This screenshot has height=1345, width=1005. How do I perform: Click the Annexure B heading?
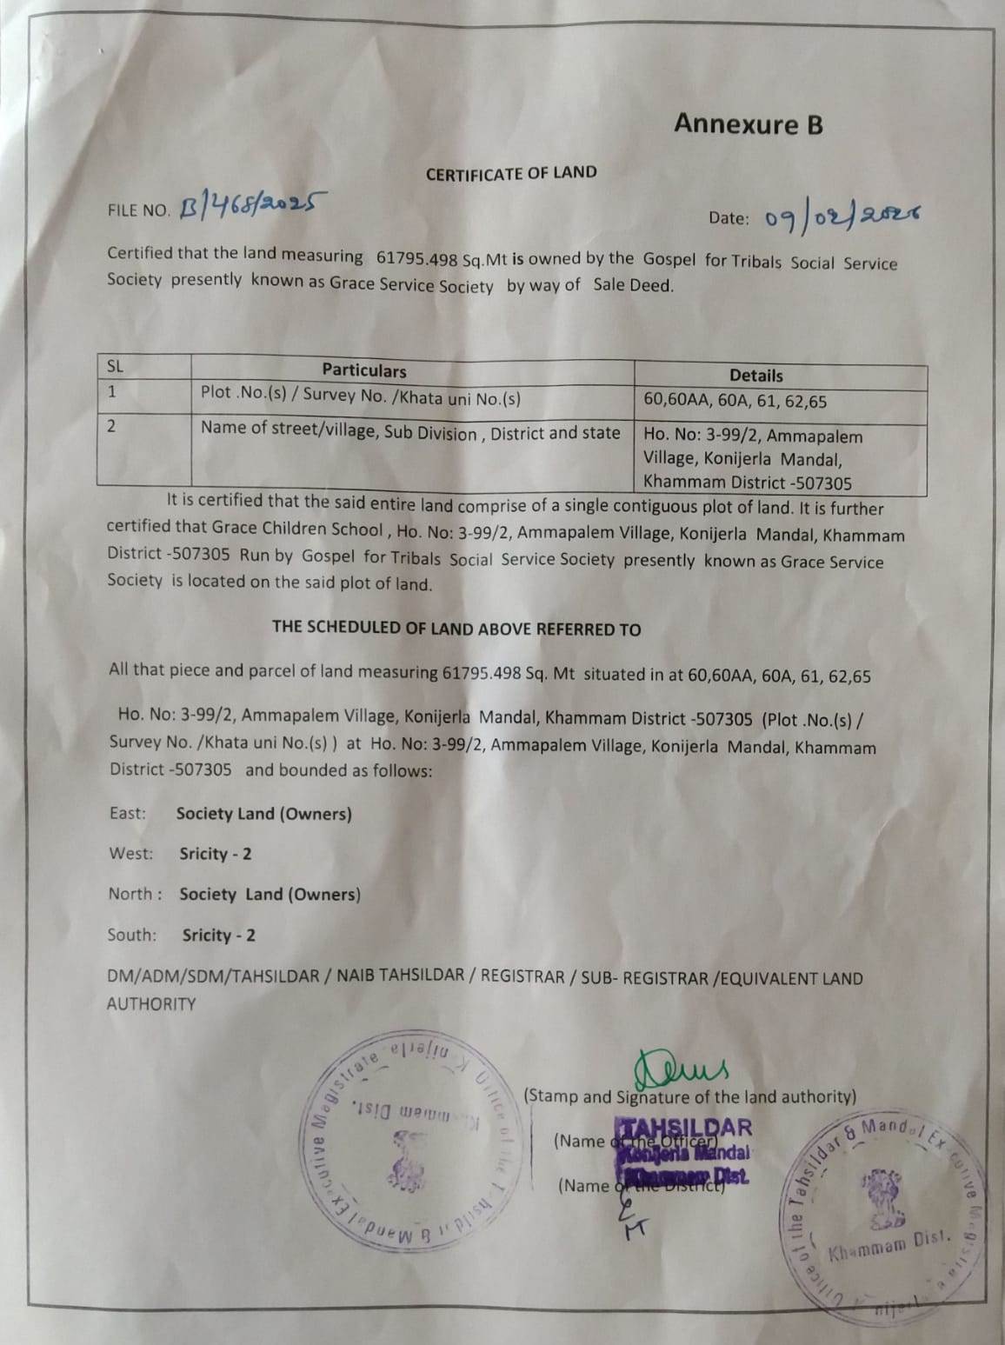[x=748, y=124]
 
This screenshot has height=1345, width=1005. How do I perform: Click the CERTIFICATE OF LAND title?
[x=511, y=173]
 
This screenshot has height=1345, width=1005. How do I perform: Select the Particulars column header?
[x=364, y=370]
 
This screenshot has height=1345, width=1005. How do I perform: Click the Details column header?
[x=755, y=376]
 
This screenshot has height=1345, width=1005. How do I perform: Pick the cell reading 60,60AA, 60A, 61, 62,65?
[x=735, y=401]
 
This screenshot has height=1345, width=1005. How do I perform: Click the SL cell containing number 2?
[x=112, y=426]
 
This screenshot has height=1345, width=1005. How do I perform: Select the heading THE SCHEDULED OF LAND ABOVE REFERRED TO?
[x=456, y=629]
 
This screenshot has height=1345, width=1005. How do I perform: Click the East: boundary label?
[x=128, y=813]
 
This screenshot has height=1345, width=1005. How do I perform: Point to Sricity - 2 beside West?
[x=216, y=854]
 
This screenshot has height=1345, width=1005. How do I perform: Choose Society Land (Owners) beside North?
[x=270, y=894]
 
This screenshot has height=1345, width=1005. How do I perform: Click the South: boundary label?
[x=132, y=935]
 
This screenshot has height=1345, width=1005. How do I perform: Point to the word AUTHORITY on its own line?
[x=151, y=1003]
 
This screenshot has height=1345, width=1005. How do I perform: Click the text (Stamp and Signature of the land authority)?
[x=690, y=1096]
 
